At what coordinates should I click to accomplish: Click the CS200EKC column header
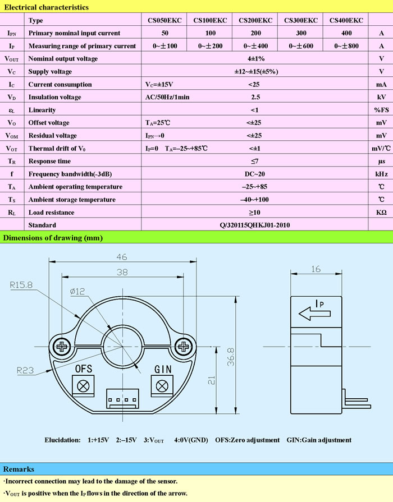(x=255, y=20)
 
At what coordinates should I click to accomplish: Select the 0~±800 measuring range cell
(x=346, y=45)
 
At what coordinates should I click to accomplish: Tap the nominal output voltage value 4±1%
(x=256, y=58)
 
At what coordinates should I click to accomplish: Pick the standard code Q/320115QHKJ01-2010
(x=255, y=225)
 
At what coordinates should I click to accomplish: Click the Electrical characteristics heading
(x=46, y=7)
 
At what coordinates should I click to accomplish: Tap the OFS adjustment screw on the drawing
(x=84, y=386)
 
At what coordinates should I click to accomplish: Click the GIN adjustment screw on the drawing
(x=162, y=386)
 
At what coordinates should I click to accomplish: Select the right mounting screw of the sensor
(x=185, y=347)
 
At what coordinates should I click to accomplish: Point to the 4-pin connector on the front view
(x=122, y=400)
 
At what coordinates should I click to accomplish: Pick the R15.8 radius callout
(x=22, y=285)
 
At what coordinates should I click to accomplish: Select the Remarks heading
(x=19, y=469)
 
